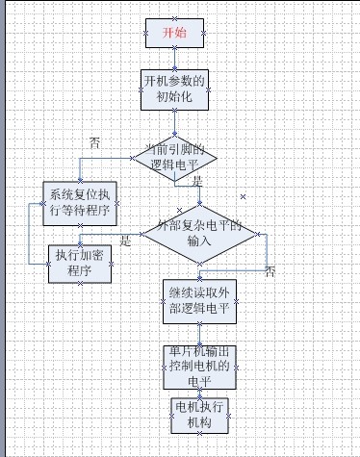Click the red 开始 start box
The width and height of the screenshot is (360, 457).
(x=174, y=33)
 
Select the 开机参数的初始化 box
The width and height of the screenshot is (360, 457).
(x=174, y=89)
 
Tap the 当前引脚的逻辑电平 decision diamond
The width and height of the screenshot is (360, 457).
(x=174, y=157)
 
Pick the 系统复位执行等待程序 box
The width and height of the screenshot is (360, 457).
(x=80, y=203)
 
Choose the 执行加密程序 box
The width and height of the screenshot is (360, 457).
(x=80, y=264)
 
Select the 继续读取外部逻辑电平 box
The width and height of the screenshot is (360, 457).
(x=199, y=301)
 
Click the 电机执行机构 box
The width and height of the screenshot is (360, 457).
(x=199, y=416)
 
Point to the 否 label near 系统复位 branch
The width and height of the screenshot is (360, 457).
(x=94, y=141)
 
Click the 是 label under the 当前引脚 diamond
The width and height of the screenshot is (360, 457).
(x=197, y=181)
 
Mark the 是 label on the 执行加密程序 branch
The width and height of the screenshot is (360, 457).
(x=124, y=241)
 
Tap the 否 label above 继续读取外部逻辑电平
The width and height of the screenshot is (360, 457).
(x=270, y=271)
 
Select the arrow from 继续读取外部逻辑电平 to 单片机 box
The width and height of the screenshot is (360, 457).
(x=199, y=333)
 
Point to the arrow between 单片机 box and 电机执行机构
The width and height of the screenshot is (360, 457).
(x=199, y=393)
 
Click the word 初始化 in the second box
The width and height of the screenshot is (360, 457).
(x=174, y=97)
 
